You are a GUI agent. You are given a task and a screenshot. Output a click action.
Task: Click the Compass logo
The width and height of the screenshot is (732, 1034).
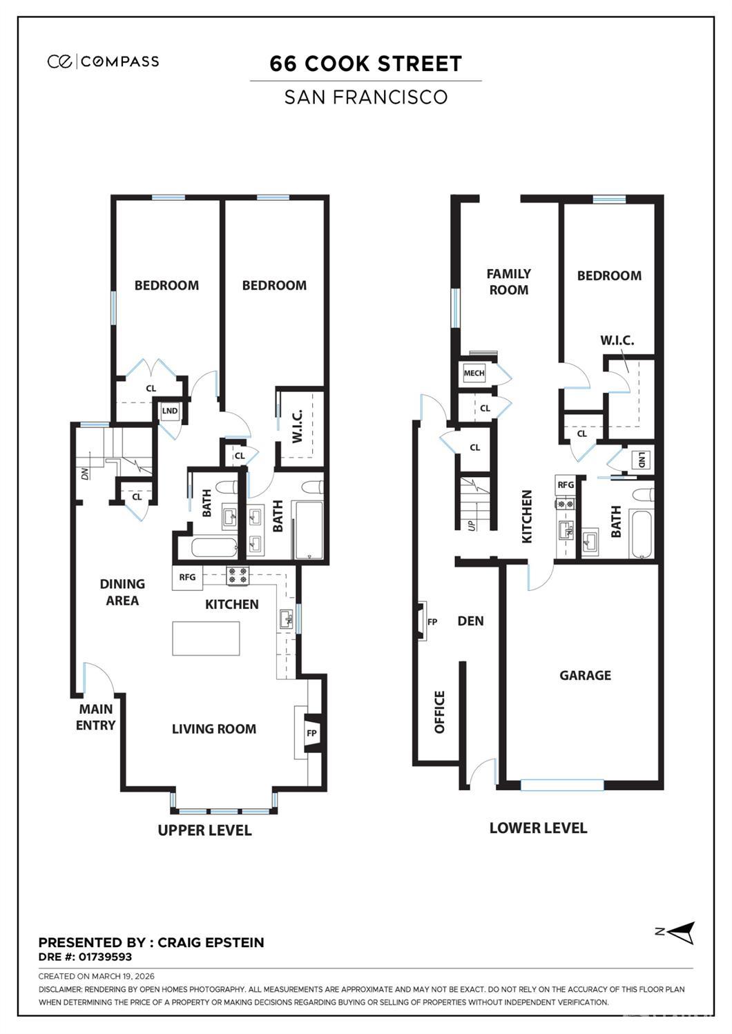point(103,61)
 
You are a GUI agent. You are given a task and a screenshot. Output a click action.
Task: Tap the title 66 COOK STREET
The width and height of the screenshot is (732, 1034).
point(366,64)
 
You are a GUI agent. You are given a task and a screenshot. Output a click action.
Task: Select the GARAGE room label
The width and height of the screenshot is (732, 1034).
point(585,675)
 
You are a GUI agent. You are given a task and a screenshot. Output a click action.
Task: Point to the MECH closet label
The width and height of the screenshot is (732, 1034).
point(474,373)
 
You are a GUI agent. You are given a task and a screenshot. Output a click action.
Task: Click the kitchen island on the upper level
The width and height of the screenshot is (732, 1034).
point(206,638)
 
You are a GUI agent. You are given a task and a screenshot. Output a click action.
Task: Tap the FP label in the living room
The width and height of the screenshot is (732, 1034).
point(311,733)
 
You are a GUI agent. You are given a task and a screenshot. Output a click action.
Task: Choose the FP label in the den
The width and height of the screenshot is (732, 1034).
point(432,622)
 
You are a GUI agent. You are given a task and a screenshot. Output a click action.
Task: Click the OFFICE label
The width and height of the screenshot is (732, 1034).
point(439,712)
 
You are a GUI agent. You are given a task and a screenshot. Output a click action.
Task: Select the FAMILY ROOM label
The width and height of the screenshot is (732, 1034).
point(508,282)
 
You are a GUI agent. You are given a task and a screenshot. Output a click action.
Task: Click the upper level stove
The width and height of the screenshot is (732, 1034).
point(238,576)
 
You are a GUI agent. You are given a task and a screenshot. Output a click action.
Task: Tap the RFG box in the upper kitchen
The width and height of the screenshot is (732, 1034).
point(187,578)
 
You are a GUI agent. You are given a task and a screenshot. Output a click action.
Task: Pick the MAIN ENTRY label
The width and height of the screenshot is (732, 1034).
point(95,717)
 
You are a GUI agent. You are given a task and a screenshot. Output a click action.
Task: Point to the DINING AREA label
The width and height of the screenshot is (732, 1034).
point(122,592)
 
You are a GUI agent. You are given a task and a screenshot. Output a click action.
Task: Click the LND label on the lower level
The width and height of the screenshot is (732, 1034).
point(642,460)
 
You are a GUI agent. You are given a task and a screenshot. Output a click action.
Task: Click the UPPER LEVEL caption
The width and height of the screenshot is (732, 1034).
point(204,830)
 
